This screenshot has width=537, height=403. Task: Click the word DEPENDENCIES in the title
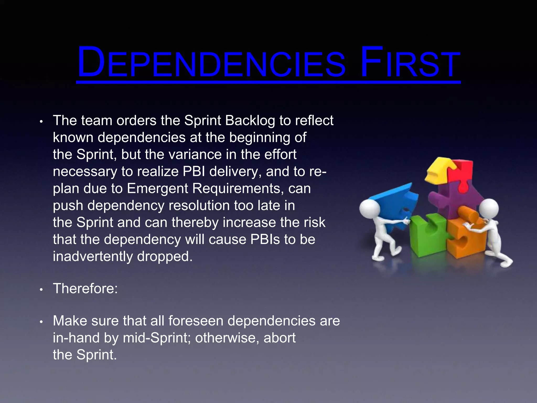[x=211, y=63]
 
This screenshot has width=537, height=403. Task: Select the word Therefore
[x=85, y=289]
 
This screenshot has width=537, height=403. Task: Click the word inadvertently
[x=93, y=256]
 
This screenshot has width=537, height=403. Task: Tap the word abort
[x=280, y=338]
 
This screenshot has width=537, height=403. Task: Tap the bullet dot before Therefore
[x=41, y=290]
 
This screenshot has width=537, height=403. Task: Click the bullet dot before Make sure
[x=41, y=322]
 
